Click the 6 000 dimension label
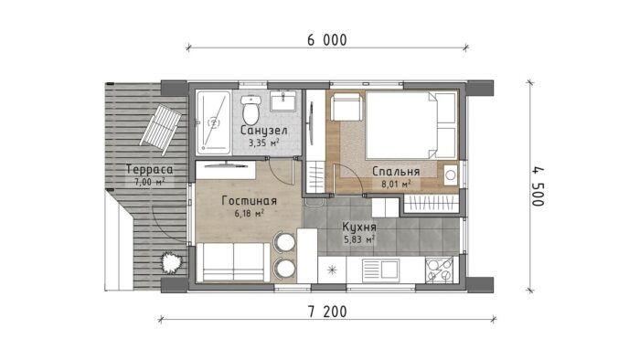[x=327, y=40]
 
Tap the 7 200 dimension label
[x=327, y=312]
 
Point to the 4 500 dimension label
[x=538, y=186]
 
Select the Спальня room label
[x=396, y=171]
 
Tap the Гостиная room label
[x=250, y=201]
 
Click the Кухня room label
[x=359, y=227]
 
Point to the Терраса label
[x=149, y=169]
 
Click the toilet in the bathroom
[x=251, y=110]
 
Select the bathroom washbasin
[x=283, y=101]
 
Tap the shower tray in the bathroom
[x=213, y=122]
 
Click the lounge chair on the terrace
[x=161, y=129]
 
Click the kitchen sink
[x=380, y=270]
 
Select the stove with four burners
[x=439, y=270]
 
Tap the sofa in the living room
[x=233, y=261]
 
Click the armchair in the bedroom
[x=347, y=107]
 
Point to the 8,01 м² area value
[x=396, y=184]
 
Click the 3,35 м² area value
[x=264, y=143]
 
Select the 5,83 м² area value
[x=359, y=239]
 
